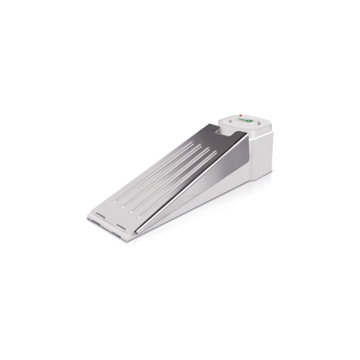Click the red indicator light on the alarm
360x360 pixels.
[240, 115]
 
